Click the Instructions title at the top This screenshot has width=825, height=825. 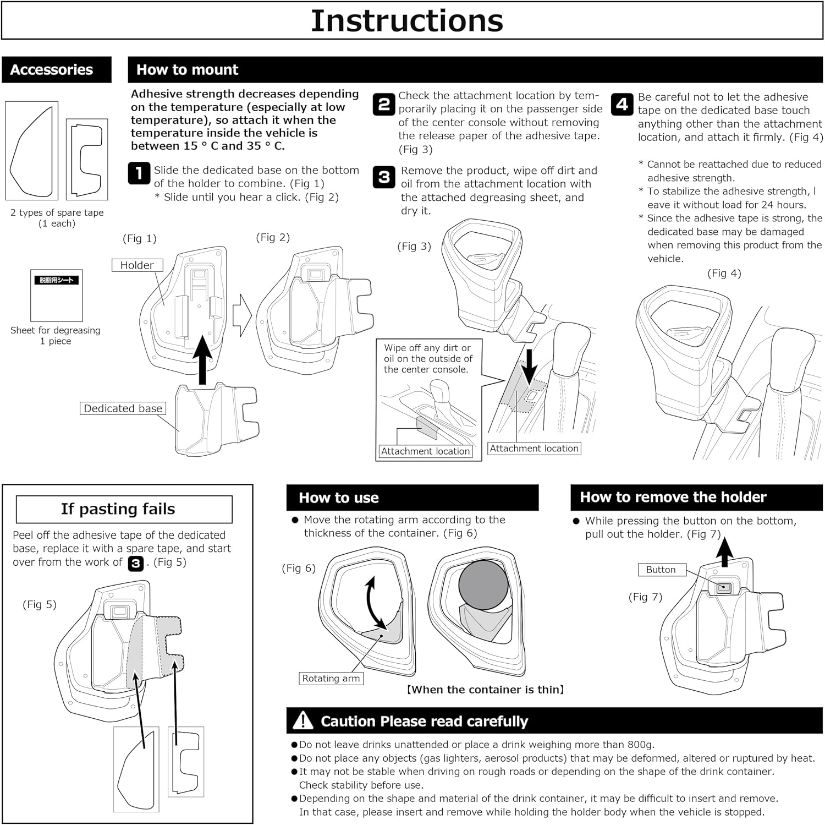click(407, 21)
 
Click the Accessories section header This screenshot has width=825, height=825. click(52, 70)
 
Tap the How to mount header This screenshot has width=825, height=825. click(188, 70)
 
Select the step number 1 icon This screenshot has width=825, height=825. click(139, 173)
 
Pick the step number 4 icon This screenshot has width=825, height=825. click(622, 104)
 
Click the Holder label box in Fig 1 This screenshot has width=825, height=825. click(137, 265)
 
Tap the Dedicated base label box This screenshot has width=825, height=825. click(123, 408)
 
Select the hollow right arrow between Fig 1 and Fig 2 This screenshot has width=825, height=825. click(242, 315)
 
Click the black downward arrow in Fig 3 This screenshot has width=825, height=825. click(530, 367)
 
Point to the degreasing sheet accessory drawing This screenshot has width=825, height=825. click(56, 296)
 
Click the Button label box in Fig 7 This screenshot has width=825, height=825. click(661, 570)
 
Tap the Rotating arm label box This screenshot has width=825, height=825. click(331, 679)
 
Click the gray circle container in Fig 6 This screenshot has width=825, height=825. click(483, 585)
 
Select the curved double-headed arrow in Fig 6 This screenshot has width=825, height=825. click(375, 602)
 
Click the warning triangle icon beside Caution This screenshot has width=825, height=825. click(303, 720)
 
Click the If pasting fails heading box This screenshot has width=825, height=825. click(124, 509)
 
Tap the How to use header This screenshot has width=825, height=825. click(339, 498)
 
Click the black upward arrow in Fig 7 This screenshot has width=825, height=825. click(725, 552)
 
